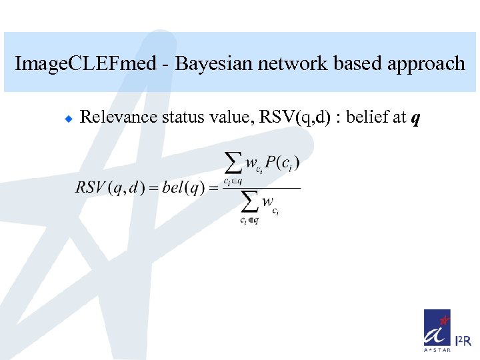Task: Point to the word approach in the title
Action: click(x=424, y=64)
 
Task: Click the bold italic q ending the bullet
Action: click(x=416, y=119)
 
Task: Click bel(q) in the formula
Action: click(x=183, y=187)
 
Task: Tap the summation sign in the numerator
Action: click(x=232, y=163)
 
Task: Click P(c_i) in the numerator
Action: click(x=283, y=163)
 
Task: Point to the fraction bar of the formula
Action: click(x=261, y=187)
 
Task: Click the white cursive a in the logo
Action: click(x=437, y=331)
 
